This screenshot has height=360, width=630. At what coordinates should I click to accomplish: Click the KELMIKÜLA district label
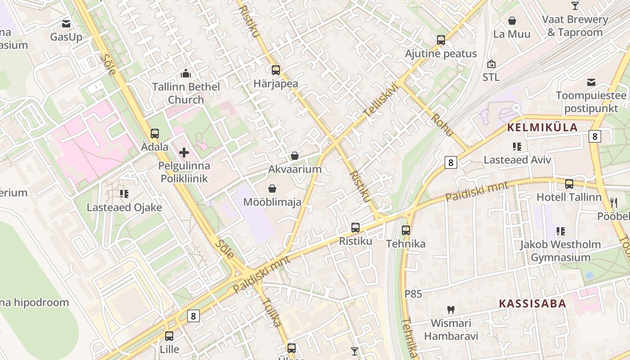pyautogui.click(x=542, y=127)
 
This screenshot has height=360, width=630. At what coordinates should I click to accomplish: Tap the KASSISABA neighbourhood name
pyautogui.click(x=532, y=303)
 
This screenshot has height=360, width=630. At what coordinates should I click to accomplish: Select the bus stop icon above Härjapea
pyautogui.click(x=276, y=70)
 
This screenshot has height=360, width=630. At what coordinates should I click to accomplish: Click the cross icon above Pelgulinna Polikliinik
pyautogui.click(x=184, y=153)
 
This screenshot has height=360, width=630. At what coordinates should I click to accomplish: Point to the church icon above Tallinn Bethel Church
pyautogui.click(x=185, y=73)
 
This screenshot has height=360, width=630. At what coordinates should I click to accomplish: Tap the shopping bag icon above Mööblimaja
pyautogui.click(x=272, y=188)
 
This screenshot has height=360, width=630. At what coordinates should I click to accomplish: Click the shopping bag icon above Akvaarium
pyautogui.click(x=295, y=156)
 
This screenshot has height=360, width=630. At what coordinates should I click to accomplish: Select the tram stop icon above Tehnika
pyautogui.click(x=406, y=230)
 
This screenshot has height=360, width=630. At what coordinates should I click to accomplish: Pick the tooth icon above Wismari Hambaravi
pyautogui.click(x=451, y=310)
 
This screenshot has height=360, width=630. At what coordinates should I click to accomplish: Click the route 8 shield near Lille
pyautogui.click(x=193, y=316)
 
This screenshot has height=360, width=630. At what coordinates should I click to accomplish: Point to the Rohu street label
pyautogui.click(x=442, y=125)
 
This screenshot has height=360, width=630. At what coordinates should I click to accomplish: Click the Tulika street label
pyautogui.click(x=271, y=312)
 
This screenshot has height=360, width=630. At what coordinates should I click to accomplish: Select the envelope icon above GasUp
pyautogui.click(x=66, y=23)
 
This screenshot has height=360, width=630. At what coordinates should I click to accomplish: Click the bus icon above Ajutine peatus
pyautogui.click(x=441, y=40)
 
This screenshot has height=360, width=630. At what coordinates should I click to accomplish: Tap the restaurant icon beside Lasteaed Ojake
pyautogui.click(x=124, y=194)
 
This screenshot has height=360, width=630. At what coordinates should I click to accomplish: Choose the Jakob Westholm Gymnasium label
pyautogui.click(x=560, y=251)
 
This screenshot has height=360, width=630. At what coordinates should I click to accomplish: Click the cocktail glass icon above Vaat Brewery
pyautogui.click(x=575, y=5)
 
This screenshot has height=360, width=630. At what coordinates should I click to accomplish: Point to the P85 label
pyautogui.click(x=413, y=294)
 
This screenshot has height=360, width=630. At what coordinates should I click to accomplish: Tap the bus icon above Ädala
pyautogui.click(x=155, y=134)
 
